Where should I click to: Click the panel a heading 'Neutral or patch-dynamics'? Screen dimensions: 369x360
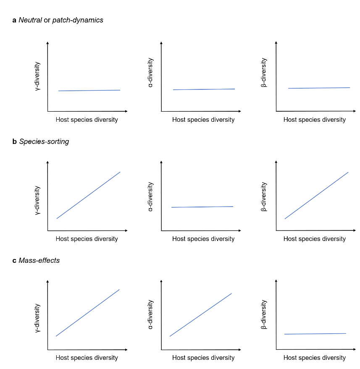click(58, 20)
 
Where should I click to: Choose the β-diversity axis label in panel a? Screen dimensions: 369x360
click(264, 73)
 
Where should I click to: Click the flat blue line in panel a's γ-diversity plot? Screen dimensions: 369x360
click(89, 90)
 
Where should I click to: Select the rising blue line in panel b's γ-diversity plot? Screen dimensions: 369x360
click(88, 195)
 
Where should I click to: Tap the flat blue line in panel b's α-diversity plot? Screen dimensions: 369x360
click(202, 207)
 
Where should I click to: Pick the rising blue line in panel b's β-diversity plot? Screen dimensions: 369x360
click(317, 195)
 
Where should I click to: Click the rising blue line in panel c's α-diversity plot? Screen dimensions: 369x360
click(201, 315)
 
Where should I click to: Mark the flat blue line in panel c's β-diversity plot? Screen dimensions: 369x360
click(315, 334)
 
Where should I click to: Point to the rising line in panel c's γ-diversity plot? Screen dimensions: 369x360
click(88, 313)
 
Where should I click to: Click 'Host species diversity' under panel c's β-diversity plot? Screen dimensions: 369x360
click(314, 358)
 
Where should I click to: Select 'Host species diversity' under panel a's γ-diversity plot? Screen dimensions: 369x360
click(87, 120)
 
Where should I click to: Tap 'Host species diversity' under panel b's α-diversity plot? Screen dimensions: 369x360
click(203, 239)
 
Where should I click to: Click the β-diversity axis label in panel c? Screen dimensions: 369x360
click(264, 314)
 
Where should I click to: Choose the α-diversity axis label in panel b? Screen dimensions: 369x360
click(151, 196)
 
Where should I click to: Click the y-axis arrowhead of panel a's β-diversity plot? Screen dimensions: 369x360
click(276, 42)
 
